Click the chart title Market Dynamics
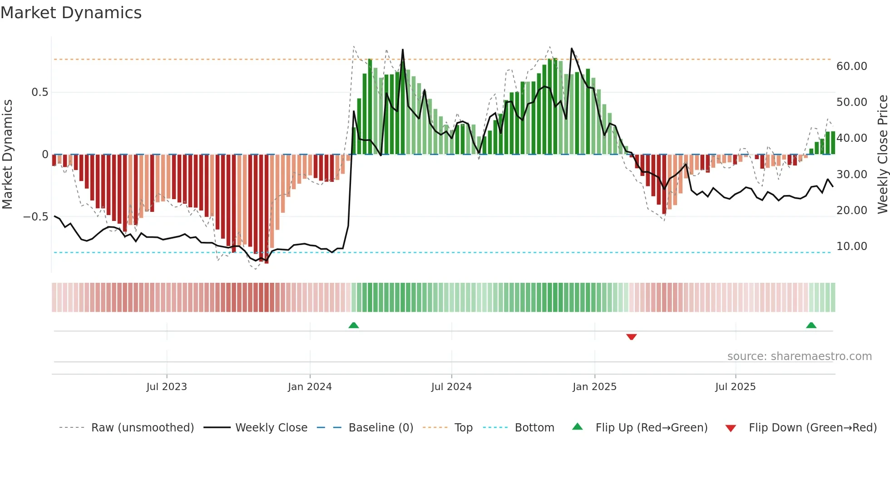coord(71,13)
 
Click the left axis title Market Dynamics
coord(7,154)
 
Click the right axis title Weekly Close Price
coord(882,154)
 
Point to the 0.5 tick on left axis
coord(40,92)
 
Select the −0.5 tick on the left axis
coord(36,217)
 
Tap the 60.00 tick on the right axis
coord(851,66)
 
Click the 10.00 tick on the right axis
coord(851,246)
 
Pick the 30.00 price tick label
coord(851,175)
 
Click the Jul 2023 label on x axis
coord(167,387)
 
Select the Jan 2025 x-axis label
coord(594,387)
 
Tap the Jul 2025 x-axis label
coord(735,387)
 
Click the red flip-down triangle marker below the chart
coord(631,337)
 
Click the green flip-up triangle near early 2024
coord(354,325)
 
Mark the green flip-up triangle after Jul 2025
coord(811,325)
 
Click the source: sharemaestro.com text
coord(799,356)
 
